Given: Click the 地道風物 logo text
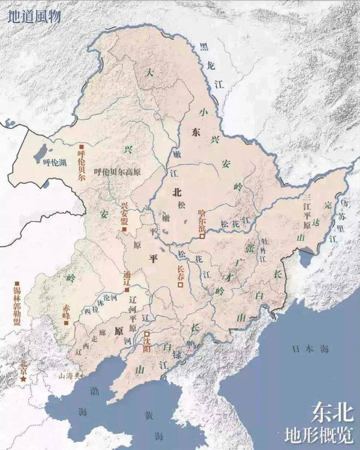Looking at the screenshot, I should point(34,15).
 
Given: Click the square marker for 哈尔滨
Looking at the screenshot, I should point(203,237).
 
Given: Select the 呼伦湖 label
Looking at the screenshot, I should point(54,163).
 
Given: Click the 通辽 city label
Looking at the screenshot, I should point(127,278).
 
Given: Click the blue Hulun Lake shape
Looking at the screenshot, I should point(41,154).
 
